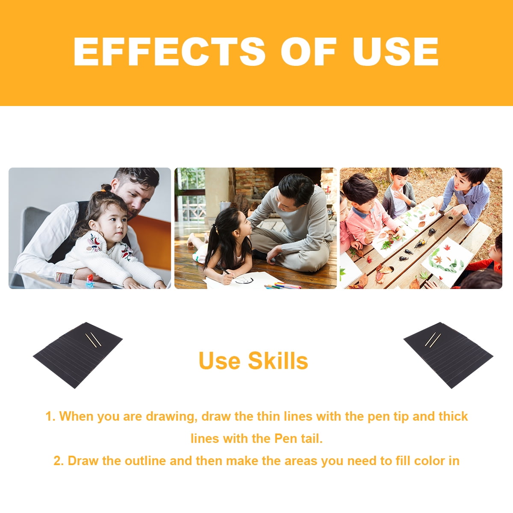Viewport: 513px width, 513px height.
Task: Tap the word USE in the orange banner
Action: click(x=395, y=51)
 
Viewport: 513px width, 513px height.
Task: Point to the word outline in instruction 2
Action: click(x=145, y=461)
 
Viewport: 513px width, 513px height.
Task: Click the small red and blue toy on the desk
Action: click(x=90, y=280)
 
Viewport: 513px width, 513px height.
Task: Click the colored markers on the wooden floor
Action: click(x=282, y=286)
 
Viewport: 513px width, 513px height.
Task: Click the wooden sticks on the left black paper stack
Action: click(x=93, y=340)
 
